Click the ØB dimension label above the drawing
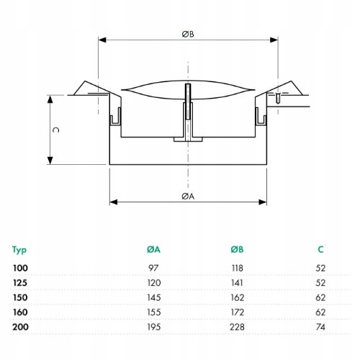[x=188, y=35]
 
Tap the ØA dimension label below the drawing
[x=188, y=197]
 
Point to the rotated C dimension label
[x=55, y=130]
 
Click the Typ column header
[x=19, y=250]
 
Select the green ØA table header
[x=153, y=250]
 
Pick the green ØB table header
[x=237, y=250]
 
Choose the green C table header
[x=321, y=250]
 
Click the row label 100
[x=20, y=268]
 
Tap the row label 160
[x=20, y=312]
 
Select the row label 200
[x=20, y=327]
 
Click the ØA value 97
[x=153, y=268]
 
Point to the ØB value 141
[x=237, y=283]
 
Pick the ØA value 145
[x=154, y=297]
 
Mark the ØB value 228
[x=237, y=327]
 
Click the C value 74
[x=320, y=327]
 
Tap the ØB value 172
[x=238, y=312]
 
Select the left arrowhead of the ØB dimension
[x=102, y=40]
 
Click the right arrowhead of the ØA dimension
[x=263, y=202]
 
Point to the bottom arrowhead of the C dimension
[x=50, y=161]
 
